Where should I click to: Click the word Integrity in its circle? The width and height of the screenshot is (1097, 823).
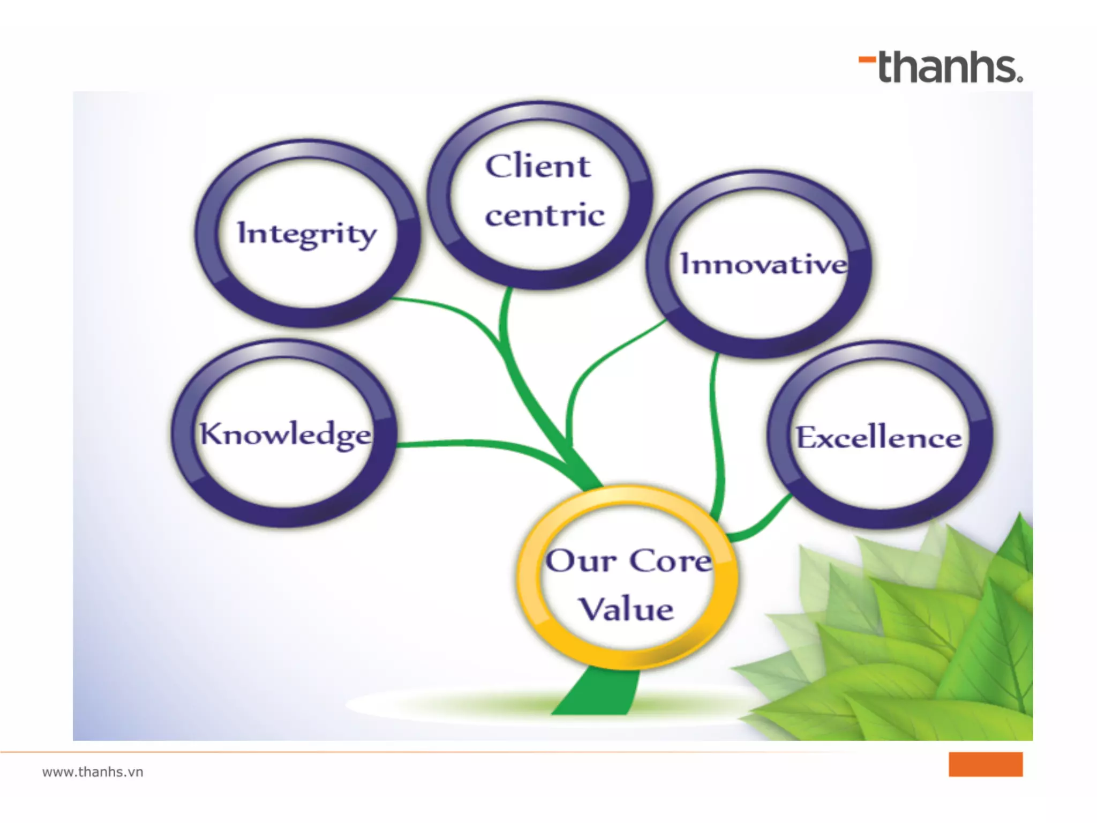(x=307, y=234)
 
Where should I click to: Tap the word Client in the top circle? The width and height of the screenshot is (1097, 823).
(x=538, y=166)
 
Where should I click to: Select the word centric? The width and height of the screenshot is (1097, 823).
(x=545, y=215)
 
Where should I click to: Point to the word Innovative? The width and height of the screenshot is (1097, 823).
(x=763, y=264)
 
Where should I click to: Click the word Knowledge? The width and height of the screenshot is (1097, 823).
(x=285, y=434)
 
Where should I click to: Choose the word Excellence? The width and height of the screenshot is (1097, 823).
(x=878, y=438)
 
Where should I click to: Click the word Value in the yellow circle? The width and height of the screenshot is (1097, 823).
(x=626, y=610)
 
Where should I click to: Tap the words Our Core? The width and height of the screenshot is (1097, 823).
(x=628, y=561)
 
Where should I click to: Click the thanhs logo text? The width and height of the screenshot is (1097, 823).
(x=948, y=68)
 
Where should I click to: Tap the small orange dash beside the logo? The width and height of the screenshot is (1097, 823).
(x=867, y=59)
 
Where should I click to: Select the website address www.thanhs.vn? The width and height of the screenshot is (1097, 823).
(x=93, y=772)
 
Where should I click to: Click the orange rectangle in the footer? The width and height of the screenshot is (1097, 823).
(x=985, y=764)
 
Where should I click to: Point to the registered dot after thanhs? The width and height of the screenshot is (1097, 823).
(x=1020, y=79)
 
